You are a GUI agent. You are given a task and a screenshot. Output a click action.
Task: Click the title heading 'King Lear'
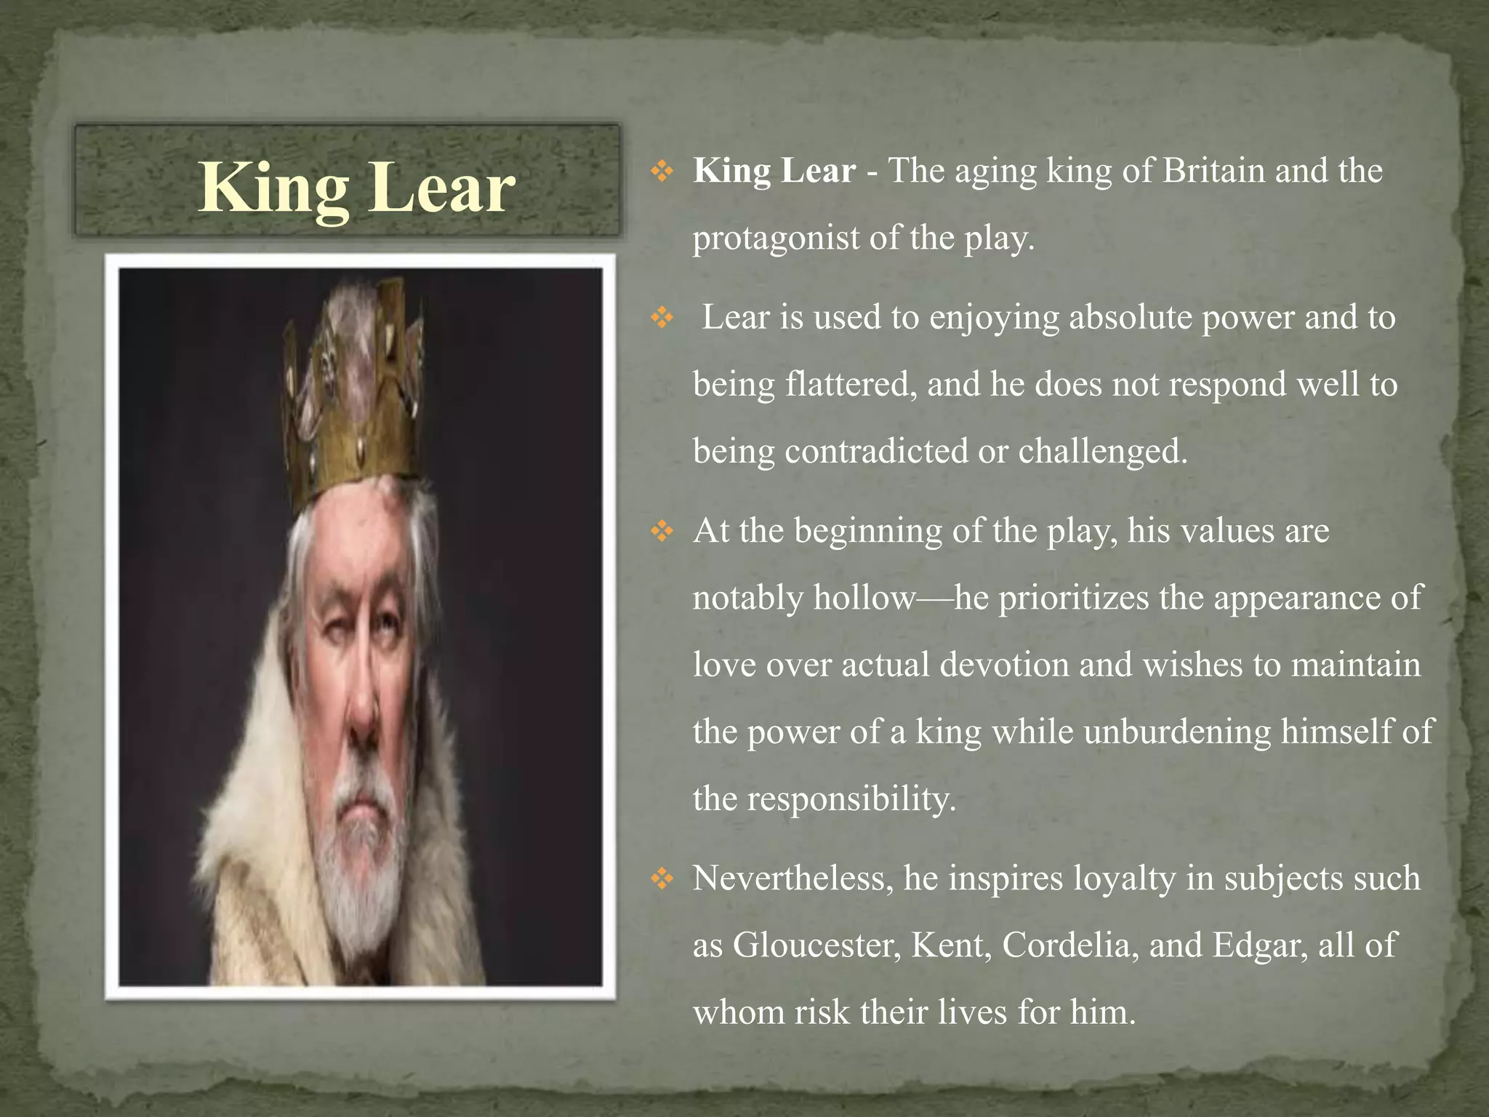pos(356,188)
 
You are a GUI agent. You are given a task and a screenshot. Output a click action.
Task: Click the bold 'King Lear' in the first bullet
pos(774,171)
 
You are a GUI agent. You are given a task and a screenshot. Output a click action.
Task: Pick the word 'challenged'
pos(1101,451)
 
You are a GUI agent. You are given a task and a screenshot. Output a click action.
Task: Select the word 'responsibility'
pos(851,798)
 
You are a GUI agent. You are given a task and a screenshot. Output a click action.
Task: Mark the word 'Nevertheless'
pos(792,878)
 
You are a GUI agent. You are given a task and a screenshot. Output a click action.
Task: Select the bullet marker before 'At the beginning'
pos(662,532)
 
